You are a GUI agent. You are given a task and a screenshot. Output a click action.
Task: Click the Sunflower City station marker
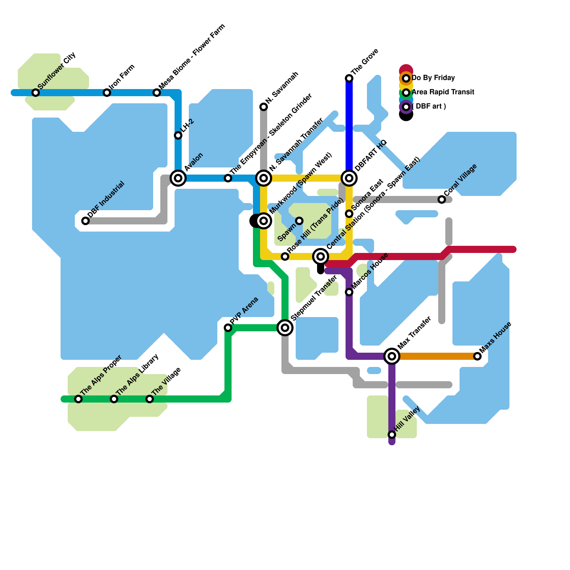coord(36,93)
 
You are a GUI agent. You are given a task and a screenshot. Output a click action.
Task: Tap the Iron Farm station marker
coord(107,93)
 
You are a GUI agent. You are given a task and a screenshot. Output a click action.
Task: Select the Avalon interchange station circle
coord(178,178)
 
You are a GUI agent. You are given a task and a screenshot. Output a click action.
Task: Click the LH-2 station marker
coord(178,135)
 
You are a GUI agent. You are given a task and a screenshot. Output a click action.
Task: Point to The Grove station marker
coord(349,78)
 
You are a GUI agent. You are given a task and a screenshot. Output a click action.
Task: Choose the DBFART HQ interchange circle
coord(349,178)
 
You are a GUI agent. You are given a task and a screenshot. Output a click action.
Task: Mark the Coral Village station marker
coord(442,199)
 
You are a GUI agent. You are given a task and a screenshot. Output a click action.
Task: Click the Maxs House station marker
coord(477,356)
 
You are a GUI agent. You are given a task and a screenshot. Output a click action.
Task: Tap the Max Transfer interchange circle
coord(392,356)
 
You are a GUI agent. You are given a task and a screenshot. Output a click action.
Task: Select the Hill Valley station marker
coord(392,435)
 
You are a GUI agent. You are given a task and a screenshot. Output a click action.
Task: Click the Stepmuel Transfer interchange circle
coord(285,327)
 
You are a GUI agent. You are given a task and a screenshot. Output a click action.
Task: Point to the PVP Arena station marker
coord(228,328)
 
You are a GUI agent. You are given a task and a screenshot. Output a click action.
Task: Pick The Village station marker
coord(150,399)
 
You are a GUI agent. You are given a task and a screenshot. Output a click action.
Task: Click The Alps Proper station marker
coord(78,399)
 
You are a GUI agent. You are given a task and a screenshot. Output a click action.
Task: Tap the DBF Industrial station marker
coord(85,221)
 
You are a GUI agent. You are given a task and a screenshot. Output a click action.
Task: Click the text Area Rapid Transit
coord(443,92)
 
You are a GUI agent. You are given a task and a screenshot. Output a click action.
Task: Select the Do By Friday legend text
coord(433,78)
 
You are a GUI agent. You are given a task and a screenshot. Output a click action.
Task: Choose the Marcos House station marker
coord(349,292)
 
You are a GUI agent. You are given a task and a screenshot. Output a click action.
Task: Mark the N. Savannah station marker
coord(264,107)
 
